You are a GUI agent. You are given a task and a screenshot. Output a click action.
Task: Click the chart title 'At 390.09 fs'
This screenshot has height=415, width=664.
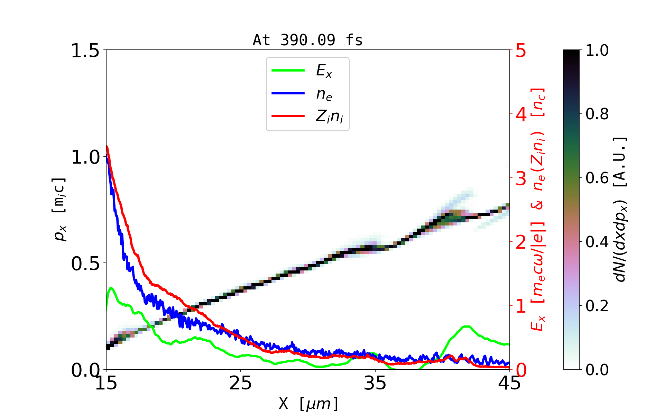[x=307, y=40]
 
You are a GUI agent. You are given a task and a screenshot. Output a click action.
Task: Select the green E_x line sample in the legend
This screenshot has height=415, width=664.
[x=288, y=71]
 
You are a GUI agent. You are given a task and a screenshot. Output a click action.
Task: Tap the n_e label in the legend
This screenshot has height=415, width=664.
[x=324, y=94]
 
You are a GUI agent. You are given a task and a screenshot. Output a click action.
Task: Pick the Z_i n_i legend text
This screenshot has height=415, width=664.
[x=329, y=117]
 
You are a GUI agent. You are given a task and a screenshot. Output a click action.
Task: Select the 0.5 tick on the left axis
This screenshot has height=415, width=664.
[x=85, y=264]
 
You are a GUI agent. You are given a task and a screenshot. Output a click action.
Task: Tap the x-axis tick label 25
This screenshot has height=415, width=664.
[x=241, y=383]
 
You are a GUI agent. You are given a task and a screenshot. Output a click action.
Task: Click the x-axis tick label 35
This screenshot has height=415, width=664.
[x=375, y=383]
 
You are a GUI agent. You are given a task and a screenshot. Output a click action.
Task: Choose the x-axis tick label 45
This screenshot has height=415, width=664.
[x=510, y=383]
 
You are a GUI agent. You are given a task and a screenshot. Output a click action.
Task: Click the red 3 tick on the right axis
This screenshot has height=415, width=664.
[x=521, y=178]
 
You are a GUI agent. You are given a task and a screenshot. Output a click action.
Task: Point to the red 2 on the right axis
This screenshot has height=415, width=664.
[x=521, y=242]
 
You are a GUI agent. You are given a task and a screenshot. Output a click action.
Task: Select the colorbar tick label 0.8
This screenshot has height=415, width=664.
[x=597, y=114]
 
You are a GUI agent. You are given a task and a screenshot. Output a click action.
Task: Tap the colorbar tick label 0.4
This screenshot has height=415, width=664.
[x=597, y=242]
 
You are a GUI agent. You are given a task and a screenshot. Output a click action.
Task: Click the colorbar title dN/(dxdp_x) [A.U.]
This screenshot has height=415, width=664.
[x=621, y=210]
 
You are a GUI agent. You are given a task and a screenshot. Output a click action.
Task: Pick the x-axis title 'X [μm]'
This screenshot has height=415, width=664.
[x=308, y=403]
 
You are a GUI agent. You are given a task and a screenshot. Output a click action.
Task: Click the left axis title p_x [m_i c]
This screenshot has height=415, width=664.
[x=59, y=210]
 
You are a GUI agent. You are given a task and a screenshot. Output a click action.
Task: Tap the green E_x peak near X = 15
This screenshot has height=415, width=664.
[x=111, y=288]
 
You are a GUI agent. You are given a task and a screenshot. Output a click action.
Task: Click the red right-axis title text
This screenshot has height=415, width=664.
[x=538, y=210]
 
